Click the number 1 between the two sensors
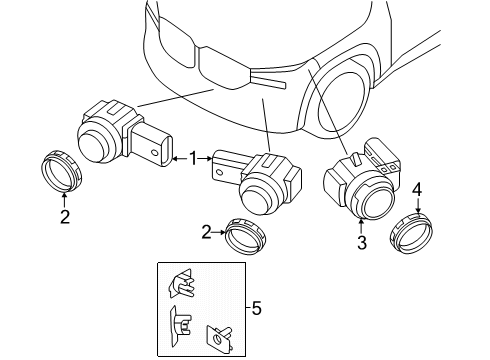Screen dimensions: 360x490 click(x=192, y=157)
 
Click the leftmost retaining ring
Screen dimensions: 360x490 click(x=63, y=169)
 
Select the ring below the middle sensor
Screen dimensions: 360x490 click(x=246, y=236)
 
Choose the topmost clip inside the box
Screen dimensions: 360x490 click(x=184, y=286)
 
